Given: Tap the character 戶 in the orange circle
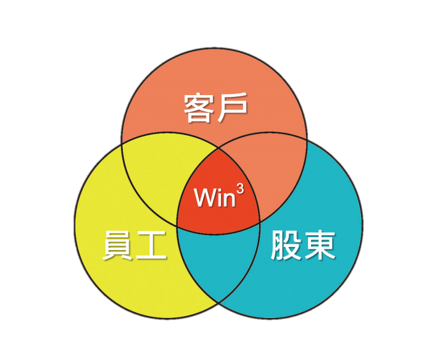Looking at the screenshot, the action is point(232,108).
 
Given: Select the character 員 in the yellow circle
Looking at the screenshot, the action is point(118,245).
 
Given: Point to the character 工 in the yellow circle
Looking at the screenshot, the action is point(151,245).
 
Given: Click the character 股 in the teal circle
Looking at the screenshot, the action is point(286,245).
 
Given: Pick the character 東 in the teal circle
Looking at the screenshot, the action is point(320,245).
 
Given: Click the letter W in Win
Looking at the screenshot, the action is point(206,198).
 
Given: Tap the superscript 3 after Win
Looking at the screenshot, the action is point(240,190).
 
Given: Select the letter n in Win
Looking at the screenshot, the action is point(229,199).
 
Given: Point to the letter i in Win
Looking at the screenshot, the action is point(220,198).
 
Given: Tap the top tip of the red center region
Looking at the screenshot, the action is point(218,148).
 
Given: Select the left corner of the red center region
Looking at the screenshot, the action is point(177,226).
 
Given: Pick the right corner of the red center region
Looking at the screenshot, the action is point(260,222).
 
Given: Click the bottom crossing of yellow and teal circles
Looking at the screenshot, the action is point(218,303).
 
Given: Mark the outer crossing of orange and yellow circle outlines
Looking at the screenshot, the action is point(122,144).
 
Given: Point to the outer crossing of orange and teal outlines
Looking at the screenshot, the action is point(307,140).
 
